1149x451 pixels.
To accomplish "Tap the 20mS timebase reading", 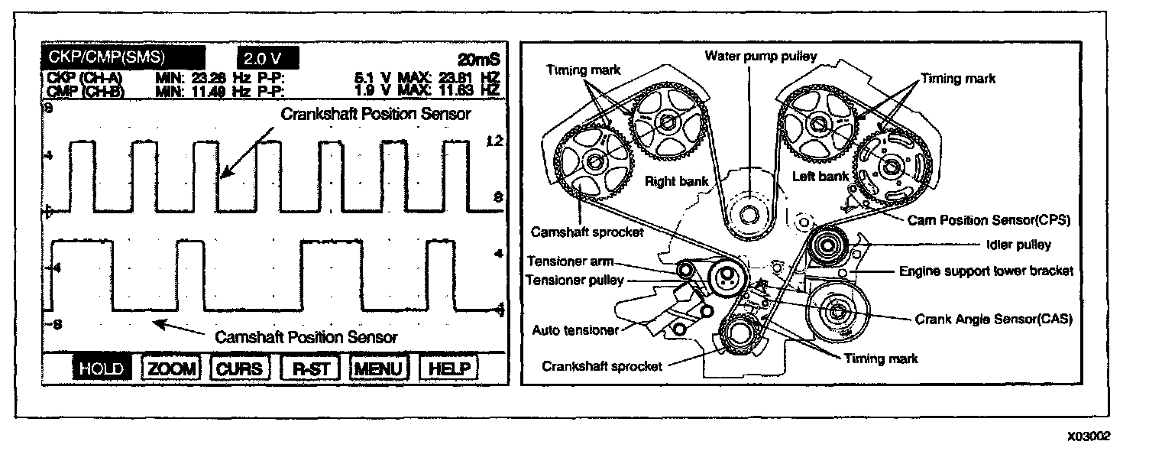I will [x=477, y=60].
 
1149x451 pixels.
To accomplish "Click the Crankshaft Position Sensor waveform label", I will [x=377, y=114].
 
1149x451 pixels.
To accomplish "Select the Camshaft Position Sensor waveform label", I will [x=306, y=336].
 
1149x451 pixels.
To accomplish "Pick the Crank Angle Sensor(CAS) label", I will [x=994, y=320].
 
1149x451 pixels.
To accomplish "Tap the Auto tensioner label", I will [x=576, y=330].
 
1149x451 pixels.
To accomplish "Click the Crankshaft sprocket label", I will [x=602, y=365].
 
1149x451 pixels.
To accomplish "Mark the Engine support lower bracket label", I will [x=986, y=270].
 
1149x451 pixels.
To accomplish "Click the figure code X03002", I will [x=1089, y=436].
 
